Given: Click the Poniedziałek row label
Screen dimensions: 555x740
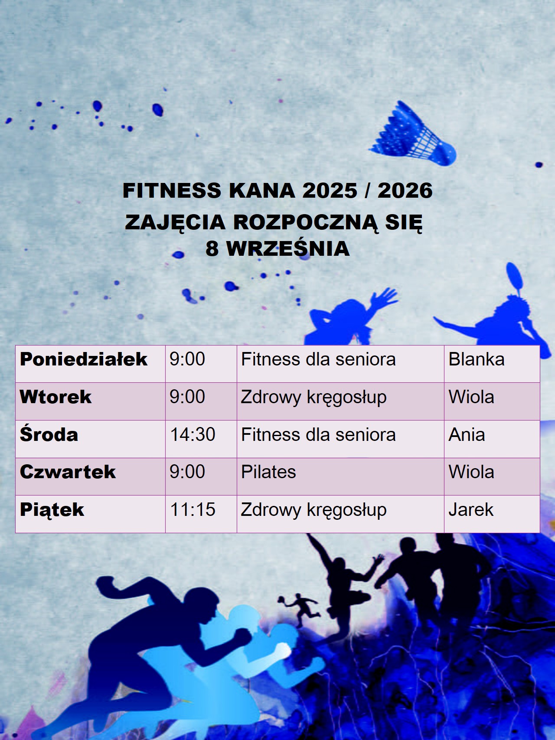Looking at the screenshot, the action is (84, 359).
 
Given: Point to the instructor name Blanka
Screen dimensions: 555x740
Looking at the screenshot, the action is (477, 359).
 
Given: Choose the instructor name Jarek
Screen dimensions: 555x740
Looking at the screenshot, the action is (471, 509).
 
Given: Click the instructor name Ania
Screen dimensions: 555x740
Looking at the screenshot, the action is (467, 434).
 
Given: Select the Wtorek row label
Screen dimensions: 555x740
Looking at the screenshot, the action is (55, 397).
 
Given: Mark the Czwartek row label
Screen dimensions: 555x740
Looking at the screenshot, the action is (68, 472).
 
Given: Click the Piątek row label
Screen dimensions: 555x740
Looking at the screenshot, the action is (52, 510).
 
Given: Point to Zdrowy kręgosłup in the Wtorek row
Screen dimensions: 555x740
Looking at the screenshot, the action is (313, 398).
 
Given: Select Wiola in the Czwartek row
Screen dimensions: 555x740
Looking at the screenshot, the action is (471, 472).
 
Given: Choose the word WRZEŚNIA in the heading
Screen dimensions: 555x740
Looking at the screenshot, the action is (288, 248).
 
